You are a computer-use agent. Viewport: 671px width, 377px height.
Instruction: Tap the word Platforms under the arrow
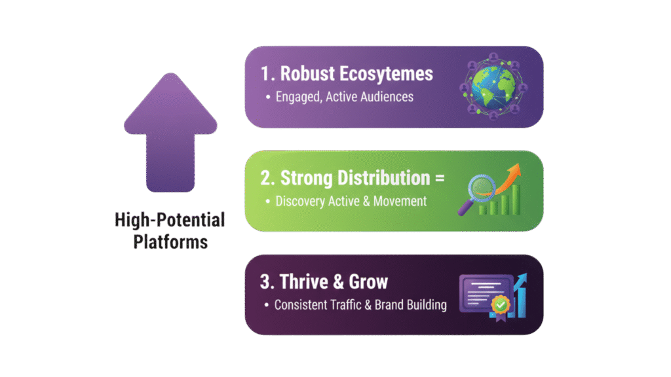pyautogui.click(x=170, y=242)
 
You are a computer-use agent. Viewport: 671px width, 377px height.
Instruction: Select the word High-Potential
pyautogui.click(x=170, y=220)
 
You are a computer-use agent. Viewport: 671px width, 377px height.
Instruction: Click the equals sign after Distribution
pyautogui.click(x=439, y=177)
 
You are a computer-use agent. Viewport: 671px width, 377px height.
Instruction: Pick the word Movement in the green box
pyautogui.click(x=400, y=201)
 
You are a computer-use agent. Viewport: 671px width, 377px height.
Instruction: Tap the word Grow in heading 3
pyautogui.click(x=368, y=281)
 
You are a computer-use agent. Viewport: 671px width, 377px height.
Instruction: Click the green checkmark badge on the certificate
pyautogui.click(x=499, y=304)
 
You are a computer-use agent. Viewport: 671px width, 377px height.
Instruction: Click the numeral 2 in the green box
pyautogui.click(x=265, y=177)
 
